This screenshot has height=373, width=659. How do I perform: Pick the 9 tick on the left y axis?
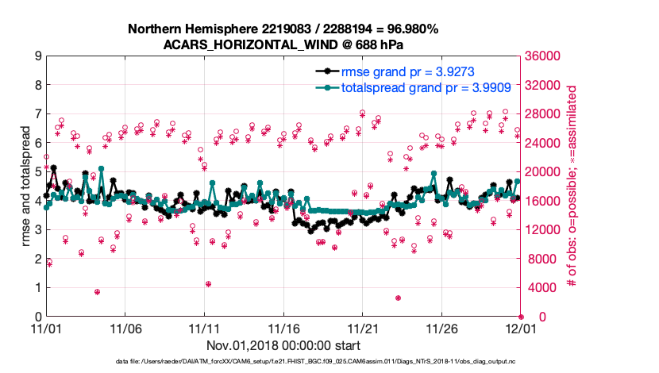point(37,56)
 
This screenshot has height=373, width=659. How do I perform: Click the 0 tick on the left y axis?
point(37,317)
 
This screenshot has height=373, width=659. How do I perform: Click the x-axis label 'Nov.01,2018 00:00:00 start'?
point(283,345)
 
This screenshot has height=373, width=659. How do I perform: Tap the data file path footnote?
point(329,362)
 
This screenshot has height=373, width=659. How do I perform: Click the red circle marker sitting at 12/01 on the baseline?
point(521,316)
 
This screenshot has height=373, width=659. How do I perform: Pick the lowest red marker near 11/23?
point(398,298)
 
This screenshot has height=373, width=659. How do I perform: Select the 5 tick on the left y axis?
point(37,171)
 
